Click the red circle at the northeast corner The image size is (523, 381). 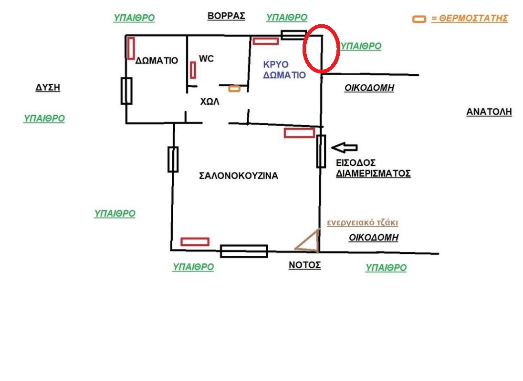click(321, 48)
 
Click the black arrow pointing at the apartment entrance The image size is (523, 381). click(344, 147)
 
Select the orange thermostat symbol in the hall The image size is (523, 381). click(234, 89)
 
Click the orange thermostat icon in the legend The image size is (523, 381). click(419, 19)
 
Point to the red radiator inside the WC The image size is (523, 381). click(193, 70)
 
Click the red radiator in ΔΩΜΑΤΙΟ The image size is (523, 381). click(131, 48)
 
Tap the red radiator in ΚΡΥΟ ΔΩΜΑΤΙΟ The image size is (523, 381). click(265, 41)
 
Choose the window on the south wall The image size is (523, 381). click(244, 251)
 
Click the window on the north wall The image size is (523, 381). click(293, 35)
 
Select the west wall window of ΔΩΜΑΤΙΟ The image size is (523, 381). click(126, 91)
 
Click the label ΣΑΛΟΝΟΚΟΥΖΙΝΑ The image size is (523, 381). click(238, 176)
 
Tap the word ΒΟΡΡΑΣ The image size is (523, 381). click(226, 16)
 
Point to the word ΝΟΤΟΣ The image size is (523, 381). click(304, 265)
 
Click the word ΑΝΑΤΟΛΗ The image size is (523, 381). click(489, 112)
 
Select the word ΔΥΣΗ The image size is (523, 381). click(48, 87)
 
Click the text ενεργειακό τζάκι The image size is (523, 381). click(362, 223)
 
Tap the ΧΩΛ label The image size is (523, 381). click(209, 101)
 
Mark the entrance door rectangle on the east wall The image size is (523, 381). click(321, 151)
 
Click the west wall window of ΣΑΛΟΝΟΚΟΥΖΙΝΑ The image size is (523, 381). click(173, 159)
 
